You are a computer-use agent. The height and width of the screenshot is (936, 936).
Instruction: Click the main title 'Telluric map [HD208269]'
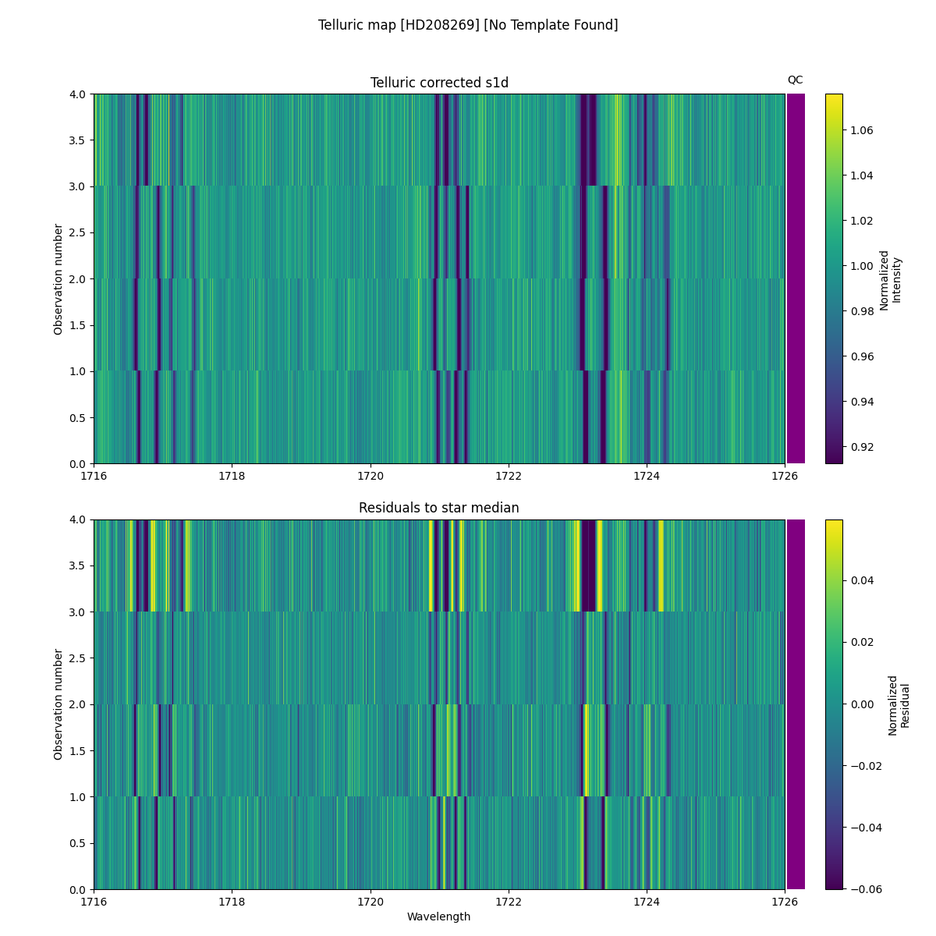point(468,25)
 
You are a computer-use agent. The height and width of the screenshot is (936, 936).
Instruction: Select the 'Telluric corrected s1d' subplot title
point(439,83)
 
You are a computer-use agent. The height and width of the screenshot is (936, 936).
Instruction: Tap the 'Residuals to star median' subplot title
point(439,508)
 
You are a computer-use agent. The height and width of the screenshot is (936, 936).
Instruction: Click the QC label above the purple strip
point(795,80)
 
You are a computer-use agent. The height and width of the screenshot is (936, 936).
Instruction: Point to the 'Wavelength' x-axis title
point(439,916)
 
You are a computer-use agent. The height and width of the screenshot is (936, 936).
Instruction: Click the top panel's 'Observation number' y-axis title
point(58,278)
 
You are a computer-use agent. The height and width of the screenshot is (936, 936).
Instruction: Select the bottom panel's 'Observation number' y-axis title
point(58,704)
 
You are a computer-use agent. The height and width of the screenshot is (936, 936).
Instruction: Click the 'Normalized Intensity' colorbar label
point(890,279)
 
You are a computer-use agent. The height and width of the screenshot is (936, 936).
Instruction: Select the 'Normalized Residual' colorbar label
point(899,705)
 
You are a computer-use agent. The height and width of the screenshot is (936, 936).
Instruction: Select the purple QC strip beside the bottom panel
point(796,704)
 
